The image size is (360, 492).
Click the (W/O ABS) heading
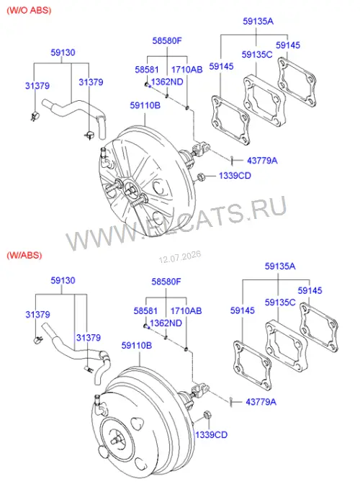pyautogui.click(x=29, y=10)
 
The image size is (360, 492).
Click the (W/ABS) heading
pyautogui.click(x=24, y=255)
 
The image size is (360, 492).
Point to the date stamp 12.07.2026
pyautogui.click(x=180, y=257)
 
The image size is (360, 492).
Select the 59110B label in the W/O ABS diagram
pyautogui.click(x=145, y=105)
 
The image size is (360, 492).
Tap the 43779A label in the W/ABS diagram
pyautogui.click(x=261, y=402)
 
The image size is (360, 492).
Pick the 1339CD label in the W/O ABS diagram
pyautogui.click(x=235, y=175)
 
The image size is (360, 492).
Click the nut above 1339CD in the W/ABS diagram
pyautogui.click(x=207, y=415)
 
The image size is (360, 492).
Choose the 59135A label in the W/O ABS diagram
pyautogui.click(x=258, y=22)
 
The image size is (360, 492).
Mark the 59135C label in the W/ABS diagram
pyautogui.click(x=280, y=303)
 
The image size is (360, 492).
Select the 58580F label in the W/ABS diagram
pyautogui.click(x=166, y=282)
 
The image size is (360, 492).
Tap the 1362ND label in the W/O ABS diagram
pyautogui.click(x=167, y=82)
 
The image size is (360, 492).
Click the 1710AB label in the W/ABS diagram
pyautogui.click(x=186, y=311)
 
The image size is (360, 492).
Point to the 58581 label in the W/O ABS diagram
pyautogui.click(x=147, y=70)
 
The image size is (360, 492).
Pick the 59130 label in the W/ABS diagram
pyautogui.click(x=63, y=280)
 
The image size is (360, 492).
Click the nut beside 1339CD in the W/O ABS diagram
pyautogui.click(x=202, y=177)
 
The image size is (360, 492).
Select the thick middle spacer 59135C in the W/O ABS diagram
pyautogui.click(x=264, y=100)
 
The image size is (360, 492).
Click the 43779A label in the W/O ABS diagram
pyautogui.click(x=262, y=161)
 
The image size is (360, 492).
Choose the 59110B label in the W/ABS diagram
pyautogui.click(x=136, y=346)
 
